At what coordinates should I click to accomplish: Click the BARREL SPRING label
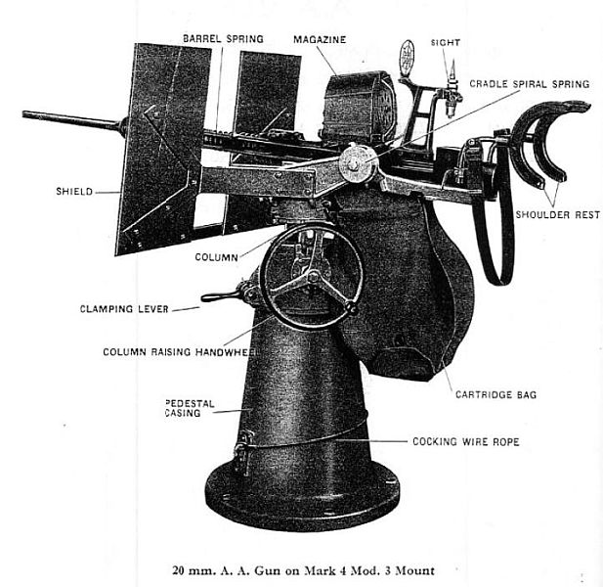pyautogui.click(x=223, y=39)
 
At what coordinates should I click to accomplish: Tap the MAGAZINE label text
pyautogui.click(x=320, y=40)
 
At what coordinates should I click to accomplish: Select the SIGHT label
pyautogui.click(x=446, y=43)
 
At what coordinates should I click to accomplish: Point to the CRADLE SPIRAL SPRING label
pyautogui.click(x=529, y=84)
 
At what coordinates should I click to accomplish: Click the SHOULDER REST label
pyautogui.click(x=558, y=214)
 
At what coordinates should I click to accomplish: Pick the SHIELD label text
pyautogui.click(x=74, y=192)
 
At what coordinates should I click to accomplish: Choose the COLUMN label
pyautogui.click(x=217, y=257)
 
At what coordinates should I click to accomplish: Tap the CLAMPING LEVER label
pyautogui.click(x=124, y=309)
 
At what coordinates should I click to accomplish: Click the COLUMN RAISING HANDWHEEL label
pyautogui.click(x=181, y=352)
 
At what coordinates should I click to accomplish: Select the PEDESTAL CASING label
pyautogui.click(x=190, y=408)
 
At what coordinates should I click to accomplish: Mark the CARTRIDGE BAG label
pyautogui.click(x=495, y=394)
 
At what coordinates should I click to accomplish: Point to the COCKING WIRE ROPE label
pyautogui.click(x=466, y=441)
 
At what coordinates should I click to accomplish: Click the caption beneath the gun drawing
pyautogui.click(x=303, y=570)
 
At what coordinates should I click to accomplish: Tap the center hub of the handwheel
pyautogui.click(x=313, y=276)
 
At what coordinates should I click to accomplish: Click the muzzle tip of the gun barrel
pyautogui.click(x=24, y=114)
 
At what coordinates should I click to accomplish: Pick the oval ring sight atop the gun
pyautogui.click(x=407, y=58)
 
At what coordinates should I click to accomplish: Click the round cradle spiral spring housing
pyautogui.click(x=357, y=163)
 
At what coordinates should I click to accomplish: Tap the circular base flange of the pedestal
pyautogui.click(x=303, y=497)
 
